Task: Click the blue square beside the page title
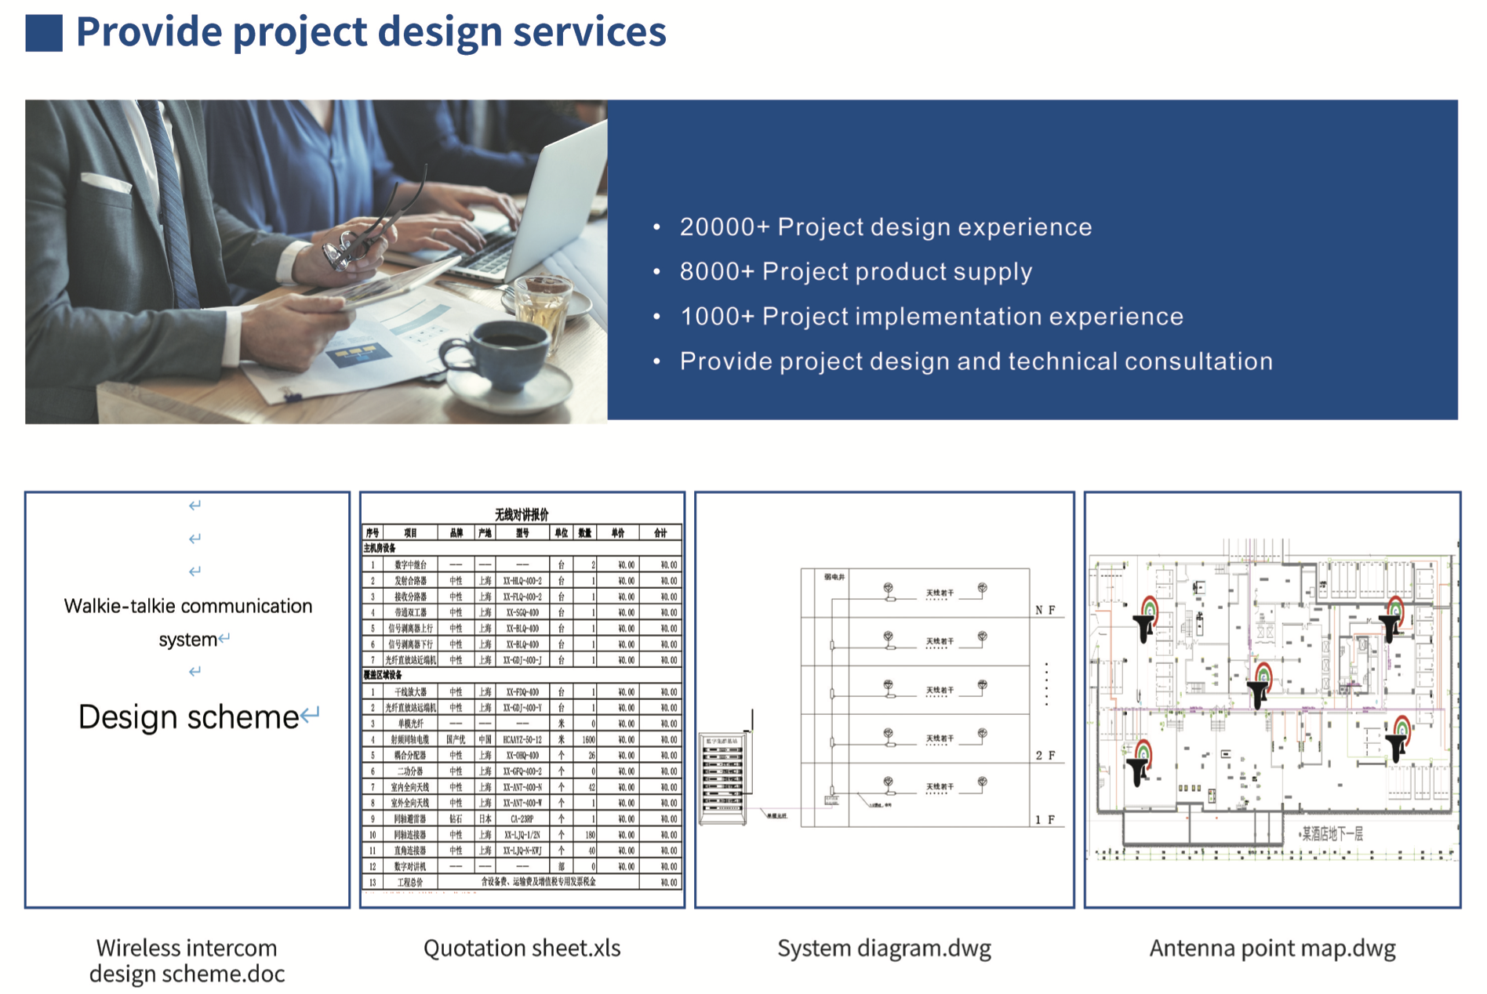point(44,33)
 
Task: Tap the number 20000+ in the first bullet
point(724,227)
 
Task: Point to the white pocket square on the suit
point(106,183)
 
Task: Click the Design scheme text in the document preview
point(188,717)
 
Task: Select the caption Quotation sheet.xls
point(522,949)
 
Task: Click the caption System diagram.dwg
point(884,949)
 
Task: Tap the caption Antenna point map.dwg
point(1272,949)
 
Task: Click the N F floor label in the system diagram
point(1045,610)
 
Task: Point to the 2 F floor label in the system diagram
point(1045,756)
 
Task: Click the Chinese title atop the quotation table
point(522,514)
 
